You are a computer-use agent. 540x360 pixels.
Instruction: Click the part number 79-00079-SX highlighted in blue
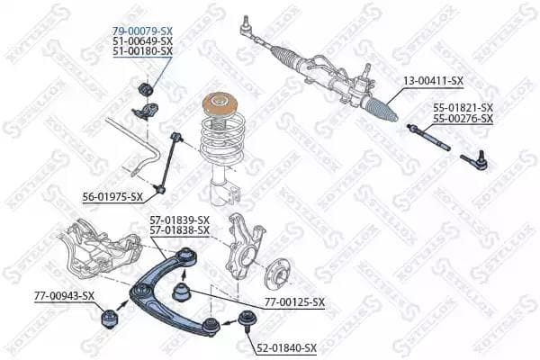pyautogui.click(x=142, y=30)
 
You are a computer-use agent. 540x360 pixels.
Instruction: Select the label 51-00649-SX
pyautogui.click(x=142, y=41)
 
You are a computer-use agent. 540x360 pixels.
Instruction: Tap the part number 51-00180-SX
pyautogui.click(x=142, y=52)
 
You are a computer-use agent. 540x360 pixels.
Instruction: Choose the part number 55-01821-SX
pyautogui.click(x=463, y=107)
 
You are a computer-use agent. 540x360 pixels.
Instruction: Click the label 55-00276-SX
pyautogui.click(x=463, y=118)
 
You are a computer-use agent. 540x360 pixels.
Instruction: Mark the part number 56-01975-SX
pyautogui.click(x=112, y=196)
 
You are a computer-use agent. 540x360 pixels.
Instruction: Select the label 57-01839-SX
pyautogui.click(x=179, y=220)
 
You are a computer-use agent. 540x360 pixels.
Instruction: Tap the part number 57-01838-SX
pyautogui.click(x=179, y=230)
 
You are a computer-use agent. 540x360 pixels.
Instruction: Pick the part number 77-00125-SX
pyautogui.click(x=293, y=302)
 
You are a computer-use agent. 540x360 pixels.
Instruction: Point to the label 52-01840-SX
pyautogui.click(x=286, y=347)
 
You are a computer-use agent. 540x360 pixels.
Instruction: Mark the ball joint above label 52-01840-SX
pyautogui.click(x=246, y=318)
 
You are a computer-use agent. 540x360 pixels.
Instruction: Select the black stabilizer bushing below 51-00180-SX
pyautogui.click(x=144, y=91)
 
